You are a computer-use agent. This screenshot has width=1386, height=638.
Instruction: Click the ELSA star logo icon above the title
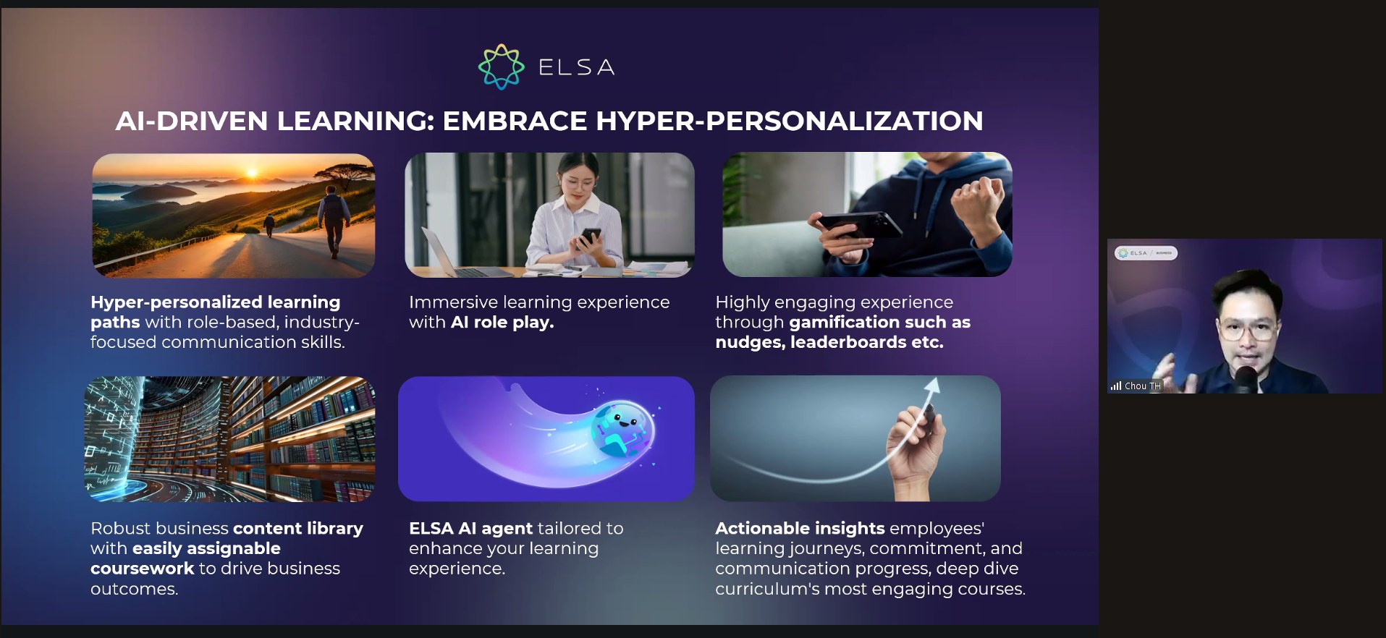point(501,67)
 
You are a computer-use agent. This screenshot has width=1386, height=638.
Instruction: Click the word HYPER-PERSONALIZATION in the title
point(790,121)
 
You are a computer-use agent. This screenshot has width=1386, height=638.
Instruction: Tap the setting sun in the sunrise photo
point(252,173)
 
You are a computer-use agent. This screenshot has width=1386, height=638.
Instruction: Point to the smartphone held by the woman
point(590,238)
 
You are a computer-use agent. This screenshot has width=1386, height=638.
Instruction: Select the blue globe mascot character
point(621,430)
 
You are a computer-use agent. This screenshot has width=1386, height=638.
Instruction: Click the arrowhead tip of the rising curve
point(936,378)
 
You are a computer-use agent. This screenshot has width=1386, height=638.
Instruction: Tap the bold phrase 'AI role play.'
point(502,323)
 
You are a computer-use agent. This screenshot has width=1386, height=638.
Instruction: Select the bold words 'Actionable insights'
point(800,529)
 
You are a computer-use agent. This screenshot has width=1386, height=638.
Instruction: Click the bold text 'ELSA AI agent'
point(470,529)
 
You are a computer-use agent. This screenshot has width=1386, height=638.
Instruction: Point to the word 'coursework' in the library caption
point(143,569)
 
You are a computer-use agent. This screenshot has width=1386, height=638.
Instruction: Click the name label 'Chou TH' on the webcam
point(1142,386)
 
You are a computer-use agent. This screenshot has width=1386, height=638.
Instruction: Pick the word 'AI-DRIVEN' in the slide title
point(192,121)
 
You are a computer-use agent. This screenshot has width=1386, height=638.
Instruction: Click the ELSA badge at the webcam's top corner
point(1146,253)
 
